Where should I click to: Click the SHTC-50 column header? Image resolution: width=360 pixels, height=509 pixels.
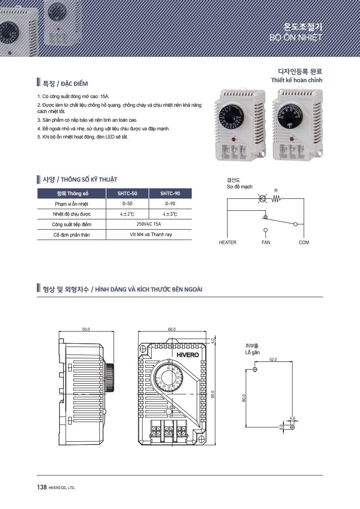point(127,193)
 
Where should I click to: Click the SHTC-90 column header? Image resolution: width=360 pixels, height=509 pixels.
point(170,193)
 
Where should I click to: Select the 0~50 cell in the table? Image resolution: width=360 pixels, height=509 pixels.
point(127,204)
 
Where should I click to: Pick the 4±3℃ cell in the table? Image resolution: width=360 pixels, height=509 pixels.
point(170,214)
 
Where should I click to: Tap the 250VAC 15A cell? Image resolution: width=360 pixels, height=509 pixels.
point(148,224)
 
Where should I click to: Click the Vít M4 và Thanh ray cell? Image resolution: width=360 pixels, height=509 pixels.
point(148,235)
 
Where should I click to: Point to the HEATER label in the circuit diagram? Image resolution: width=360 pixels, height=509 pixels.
point(227,242)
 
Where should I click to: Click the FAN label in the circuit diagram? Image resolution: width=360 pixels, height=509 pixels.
point(266,242)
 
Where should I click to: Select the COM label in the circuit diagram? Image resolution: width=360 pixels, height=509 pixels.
point(304,242)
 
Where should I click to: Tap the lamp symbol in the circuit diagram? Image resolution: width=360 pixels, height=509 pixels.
point(262,199)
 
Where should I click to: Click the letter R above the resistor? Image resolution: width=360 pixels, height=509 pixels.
point(276,190)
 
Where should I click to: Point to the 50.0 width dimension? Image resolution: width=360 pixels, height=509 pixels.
point(86,329)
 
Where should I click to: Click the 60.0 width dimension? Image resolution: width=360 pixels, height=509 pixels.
point(172,329)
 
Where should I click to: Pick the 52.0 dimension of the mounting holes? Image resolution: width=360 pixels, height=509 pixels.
point(273,360)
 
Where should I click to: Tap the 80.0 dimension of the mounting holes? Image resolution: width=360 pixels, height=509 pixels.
point(244,398)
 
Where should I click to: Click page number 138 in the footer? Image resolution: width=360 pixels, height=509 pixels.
point(42,487)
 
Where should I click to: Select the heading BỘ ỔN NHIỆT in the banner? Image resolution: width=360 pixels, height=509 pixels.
point(296,37)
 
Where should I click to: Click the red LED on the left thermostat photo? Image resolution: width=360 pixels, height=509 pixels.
point(234,139)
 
